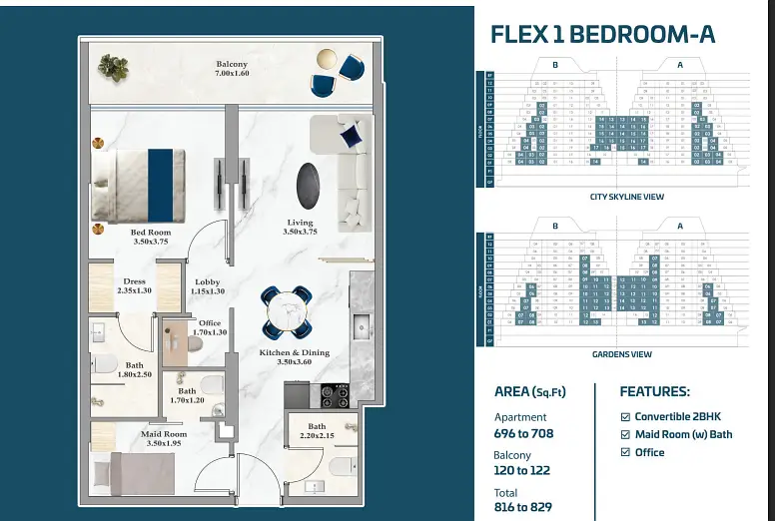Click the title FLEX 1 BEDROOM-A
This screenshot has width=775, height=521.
[602, 34]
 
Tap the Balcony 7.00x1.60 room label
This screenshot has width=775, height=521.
[232, 69]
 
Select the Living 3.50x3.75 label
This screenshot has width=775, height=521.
[300, 227]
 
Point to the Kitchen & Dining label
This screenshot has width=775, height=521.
[296, 357]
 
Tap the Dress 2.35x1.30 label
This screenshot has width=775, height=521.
[134, 286]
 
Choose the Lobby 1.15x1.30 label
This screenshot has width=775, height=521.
[207, 286]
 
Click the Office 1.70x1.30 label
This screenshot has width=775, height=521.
[210, 327]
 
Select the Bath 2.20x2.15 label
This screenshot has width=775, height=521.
[316, 432]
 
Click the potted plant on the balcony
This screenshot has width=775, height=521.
[113, 67]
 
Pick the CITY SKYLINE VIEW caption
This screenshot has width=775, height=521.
[626, 197]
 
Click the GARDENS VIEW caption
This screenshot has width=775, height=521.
[621, 354]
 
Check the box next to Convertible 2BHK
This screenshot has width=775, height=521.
[625, 416]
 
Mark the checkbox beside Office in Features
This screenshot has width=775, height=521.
[625, 452]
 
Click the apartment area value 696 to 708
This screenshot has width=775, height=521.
[523, 433]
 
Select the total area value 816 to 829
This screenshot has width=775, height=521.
[522, 508]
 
